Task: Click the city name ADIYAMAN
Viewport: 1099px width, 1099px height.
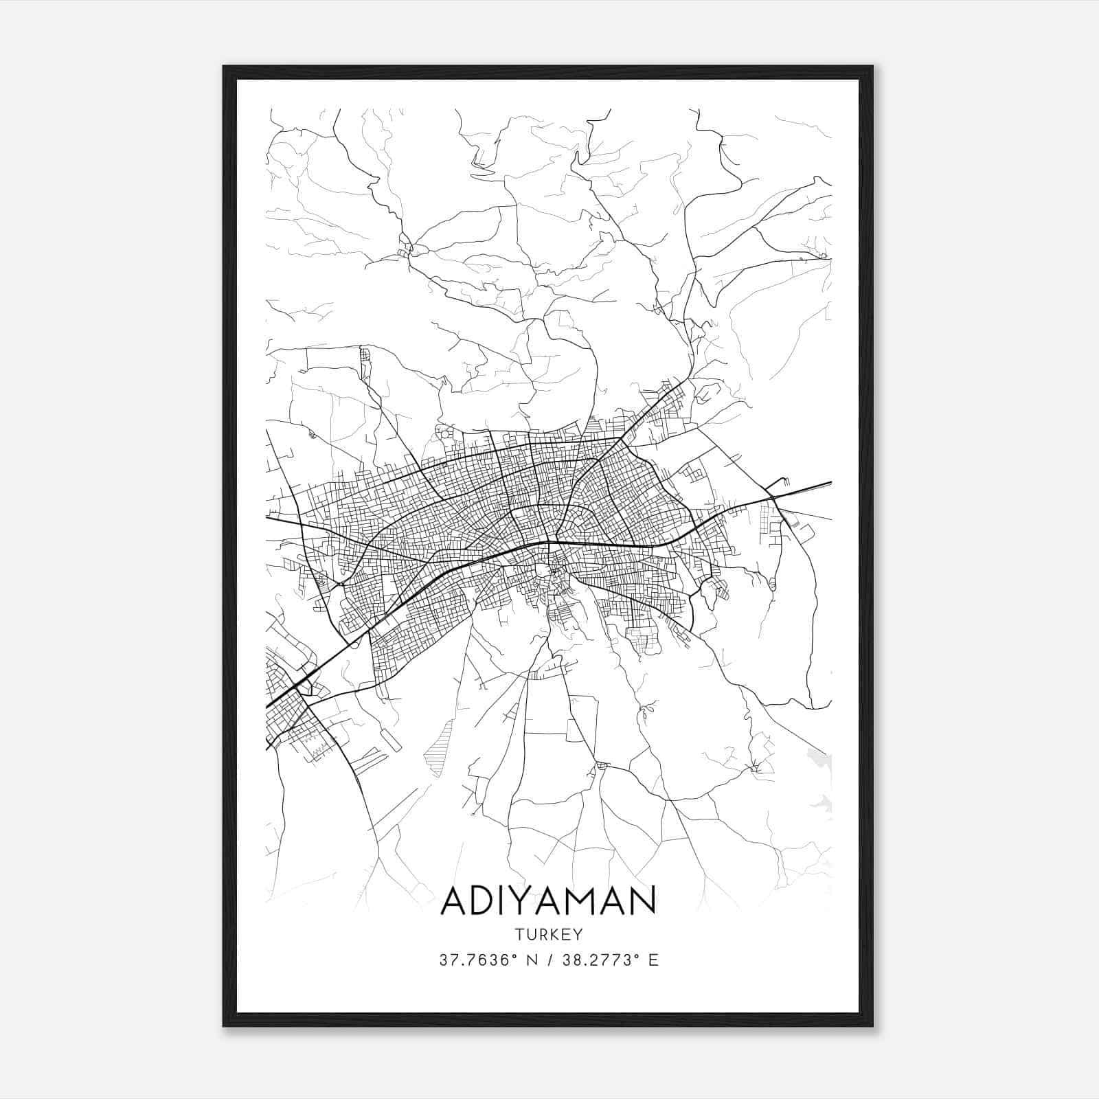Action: (548, 900)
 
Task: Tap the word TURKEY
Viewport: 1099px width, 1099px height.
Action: (548, 935)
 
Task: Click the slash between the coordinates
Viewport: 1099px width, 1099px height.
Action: (549, 960)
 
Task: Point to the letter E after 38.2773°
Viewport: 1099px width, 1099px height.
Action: (653, 960)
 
